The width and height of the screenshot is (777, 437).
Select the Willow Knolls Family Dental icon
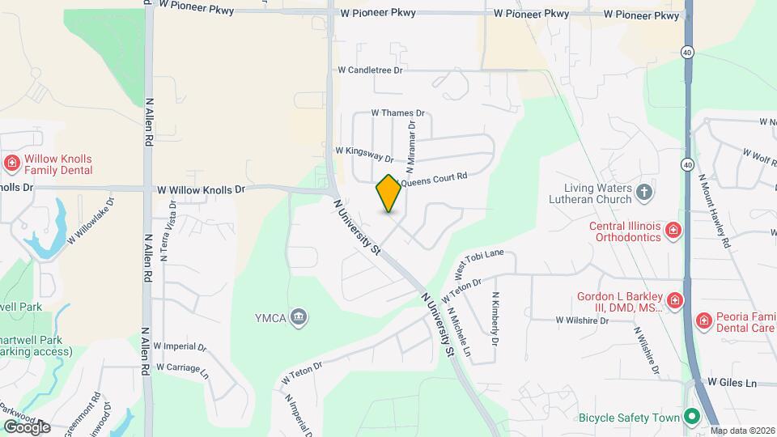pos(12,164)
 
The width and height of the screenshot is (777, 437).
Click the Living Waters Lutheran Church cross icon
pos(643,193)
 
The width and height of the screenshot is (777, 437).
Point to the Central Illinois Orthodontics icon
pos(673,231)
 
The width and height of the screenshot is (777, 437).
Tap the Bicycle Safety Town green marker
pos(691,418)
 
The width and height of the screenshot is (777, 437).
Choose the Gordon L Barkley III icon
pos(675,302)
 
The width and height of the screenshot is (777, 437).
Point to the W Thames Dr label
pos(397,113)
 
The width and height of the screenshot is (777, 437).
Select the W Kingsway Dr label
pos(364,153)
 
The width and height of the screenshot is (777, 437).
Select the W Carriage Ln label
pos(182,370)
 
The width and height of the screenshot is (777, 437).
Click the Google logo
pos(27,426)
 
